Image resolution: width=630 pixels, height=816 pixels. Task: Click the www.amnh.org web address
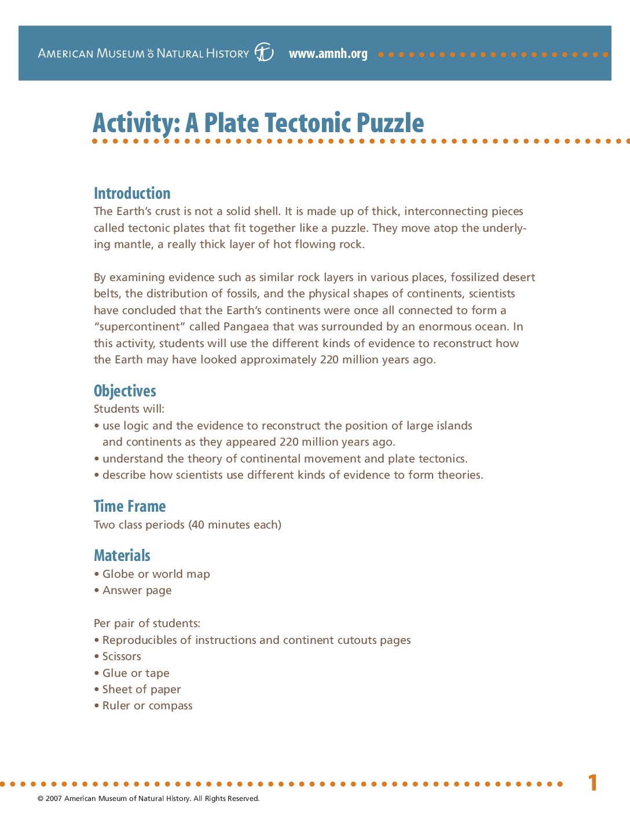click(328, 54)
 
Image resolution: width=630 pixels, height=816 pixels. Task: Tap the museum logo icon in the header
click(264, 53)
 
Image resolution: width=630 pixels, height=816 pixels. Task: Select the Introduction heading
click(132, 194)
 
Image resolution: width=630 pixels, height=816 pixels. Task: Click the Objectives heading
click(124, 391)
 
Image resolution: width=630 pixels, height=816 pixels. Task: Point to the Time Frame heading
click(130, 507)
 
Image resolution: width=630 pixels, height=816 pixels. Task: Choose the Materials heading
click(122, 556)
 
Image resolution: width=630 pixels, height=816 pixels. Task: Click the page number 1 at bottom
click(592, 783)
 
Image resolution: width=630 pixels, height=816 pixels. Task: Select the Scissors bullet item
click(122, 657)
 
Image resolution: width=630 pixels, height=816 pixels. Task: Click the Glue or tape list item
click(135, 673)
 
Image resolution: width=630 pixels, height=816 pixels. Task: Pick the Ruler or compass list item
click(147, 706)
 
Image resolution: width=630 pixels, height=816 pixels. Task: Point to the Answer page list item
click(137, 591)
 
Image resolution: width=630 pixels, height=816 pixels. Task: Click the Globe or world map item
click(156, 574)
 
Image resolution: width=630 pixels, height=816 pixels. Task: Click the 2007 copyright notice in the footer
click(148, 799)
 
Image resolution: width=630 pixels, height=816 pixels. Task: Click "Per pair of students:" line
click(147, 624)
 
